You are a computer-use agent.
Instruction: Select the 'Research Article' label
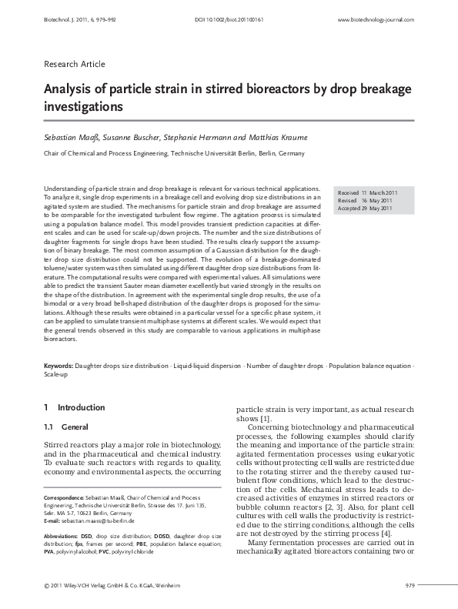coord(74,64)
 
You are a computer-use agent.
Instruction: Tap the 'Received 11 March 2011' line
coord(366,192)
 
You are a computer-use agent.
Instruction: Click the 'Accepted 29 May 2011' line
coord(366,208)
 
